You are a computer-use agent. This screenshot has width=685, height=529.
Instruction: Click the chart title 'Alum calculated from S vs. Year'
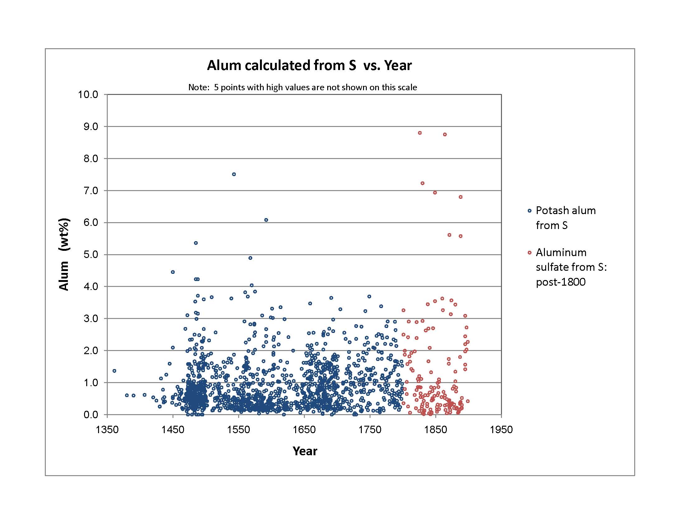pos(309,65)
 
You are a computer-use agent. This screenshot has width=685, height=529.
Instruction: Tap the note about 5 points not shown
pos(302,87)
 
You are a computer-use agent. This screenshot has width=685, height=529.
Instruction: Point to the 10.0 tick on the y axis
pos(88,94)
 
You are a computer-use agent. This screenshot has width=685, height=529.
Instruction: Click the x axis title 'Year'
pos(305,451)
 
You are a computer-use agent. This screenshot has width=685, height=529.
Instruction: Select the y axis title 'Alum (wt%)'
pos(64,255)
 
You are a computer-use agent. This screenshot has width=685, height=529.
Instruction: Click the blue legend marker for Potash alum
pos(529,211)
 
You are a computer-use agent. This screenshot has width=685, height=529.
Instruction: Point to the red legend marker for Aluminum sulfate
pos(529,253)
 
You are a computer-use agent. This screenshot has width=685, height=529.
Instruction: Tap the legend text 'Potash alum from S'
pos(565,218)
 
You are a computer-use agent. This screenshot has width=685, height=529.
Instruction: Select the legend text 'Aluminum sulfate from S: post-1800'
pos(571,267)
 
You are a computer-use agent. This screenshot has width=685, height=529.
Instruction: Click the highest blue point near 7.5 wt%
pos(234,174)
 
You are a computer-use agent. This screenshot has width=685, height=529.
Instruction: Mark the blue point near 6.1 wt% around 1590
pos(266,220)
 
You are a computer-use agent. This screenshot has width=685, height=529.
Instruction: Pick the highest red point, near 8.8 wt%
pos(420,133)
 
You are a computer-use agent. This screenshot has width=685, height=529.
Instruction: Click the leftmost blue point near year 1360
pos(114,371)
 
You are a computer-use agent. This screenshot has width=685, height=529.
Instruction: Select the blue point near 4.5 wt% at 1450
pos(173,272)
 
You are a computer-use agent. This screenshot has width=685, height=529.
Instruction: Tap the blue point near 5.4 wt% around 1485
pos(196,243)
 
